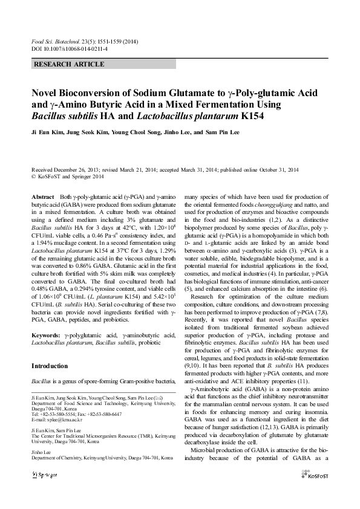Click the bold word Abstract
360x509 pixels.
42,198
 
